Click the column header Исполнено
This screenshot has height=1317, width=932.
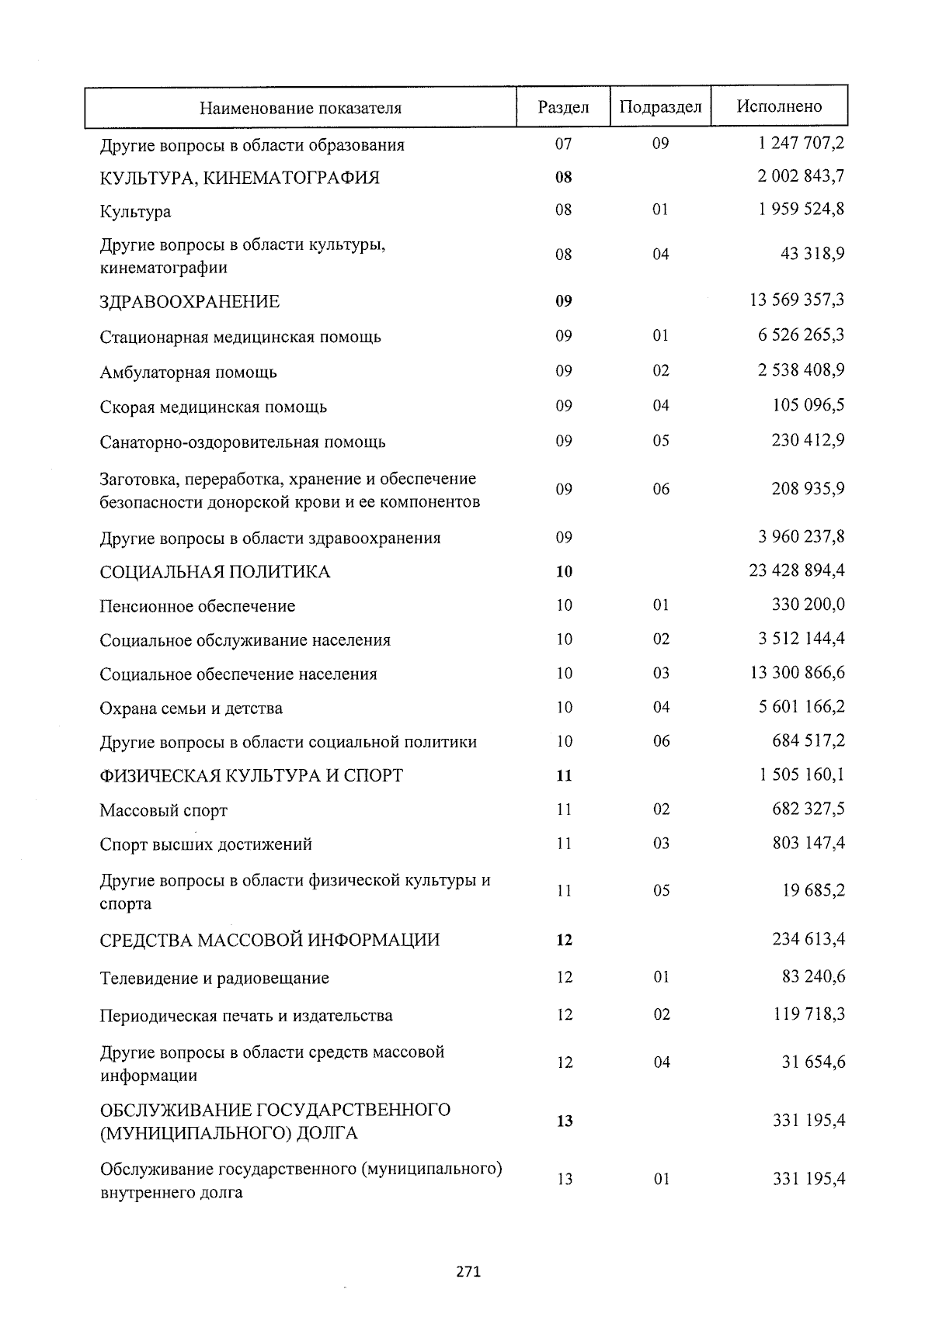(779, 106)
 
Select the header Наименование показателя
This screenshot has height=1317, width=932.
(301, 108)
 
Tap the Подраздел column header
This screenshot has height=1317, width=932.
(660, 107)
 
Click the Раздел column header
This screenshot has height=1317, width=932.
(563, 107)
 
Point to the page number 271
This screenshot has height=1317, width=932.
(468, 1272)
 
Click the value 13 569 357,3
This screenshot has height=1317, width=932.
(797, 300)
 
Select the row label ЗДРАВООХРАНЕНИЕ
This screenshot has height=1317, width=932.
(190, 302)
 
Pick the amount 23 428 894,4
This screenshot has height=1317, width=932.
(797, 570)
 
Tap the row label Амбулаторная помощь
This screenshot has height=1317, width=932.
(188, 373)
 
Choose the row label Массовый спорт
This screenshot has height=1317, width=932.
(163, 811)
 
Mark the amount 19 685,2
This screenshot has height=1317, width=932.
(813, 890)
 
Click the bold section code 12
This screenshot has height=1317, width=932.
(564, 941)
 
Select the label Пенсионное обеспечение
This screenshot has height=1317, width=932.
(197, 606)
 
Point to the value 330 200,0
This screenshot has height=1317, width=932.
(808, 605)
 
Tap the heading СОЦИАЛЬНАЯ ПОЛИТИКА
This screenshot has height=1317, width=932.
(214, 572)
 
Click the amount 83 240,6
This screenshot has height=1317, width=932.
(813, 976)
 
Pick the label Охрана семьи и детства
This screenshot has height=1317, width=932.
(191, 709)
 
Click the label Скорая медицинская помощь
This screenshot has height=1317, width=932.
(213, 407)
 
